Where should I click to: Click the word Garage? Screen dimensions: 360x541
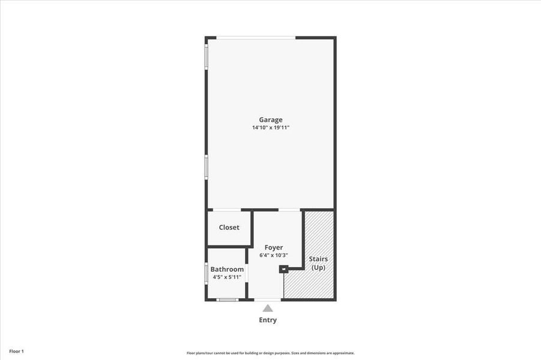(x=270, y=119)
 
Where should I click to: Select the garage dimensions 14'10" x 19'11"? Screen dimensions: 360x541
(x=270, y=128)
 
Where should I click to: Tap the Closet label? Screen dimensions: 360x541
(x=229, y=227)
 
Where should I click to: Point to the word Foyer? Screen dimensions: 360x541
(x=274, y=247)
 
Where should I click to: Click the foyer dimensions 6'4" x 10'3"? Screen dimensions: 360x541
(x=274, y=255)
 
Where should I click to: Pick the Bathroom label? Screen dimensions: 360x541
(x=227, y=269)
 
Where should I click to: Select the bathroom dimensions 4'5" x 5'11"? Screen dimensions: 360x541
(x=227, y=277)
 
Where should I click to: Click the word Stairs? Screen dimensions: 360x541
(x=318, y=259)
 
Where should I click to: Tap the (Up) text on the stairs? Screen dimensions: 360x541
(x=318, y=267)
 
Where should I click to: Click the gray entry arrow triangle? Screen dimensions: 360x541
(x=268, y=308)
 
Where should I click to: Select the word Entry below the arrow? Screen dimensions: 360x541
(x=268, y=320)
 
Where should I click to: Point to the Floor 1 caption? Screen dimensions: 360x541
(x=16, y=351)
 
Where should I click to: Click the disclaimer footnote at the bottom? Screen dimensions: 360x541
(x=270, y=353)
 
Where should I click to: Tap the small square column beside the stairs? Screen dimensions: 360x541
(x=283, y=269)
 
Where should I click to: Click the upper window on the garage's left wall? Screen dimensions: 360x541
(x=207, y=58)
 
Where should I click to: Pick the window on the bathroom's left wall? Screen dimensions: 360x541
(x=207, y=273)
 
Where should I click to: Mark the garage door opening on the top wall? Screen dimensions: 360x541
(x=256, y=38)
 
